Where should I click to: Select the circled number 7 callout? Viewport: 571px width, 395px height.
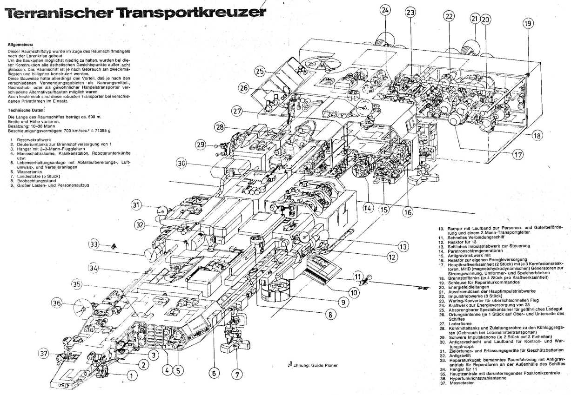click(237, 373)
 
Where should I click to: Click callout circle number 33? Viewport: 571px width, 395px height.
click(94, 244)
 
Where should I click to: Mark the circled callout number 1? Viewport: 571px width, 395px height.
click(131, 375)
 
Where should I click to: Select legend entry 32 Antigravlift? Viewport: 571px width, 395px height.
click(457, 355)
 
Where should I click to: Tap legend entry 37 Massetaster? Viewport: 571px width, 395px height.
click(457, 383)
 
